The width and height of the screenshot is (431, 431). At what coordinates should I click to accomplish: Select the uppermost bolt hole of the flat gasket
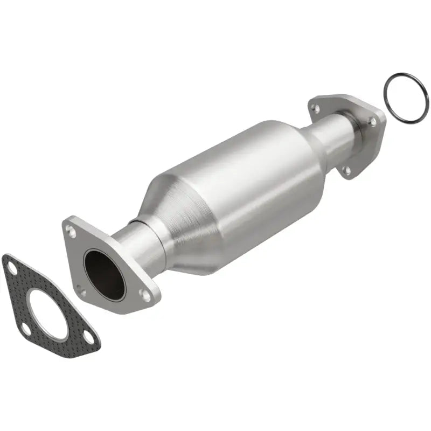(x=11, y=267)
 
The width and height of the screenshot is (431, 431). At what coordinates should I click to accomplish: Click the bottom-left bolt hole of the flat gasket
(x=25, y=329)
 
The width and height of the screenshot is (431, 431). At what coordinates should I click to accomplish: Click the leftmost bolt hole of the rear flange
(x=316, y=109)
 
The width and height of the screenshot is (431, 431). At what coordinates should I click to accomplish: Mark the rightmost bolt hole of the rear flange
(x=373, y=122)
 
